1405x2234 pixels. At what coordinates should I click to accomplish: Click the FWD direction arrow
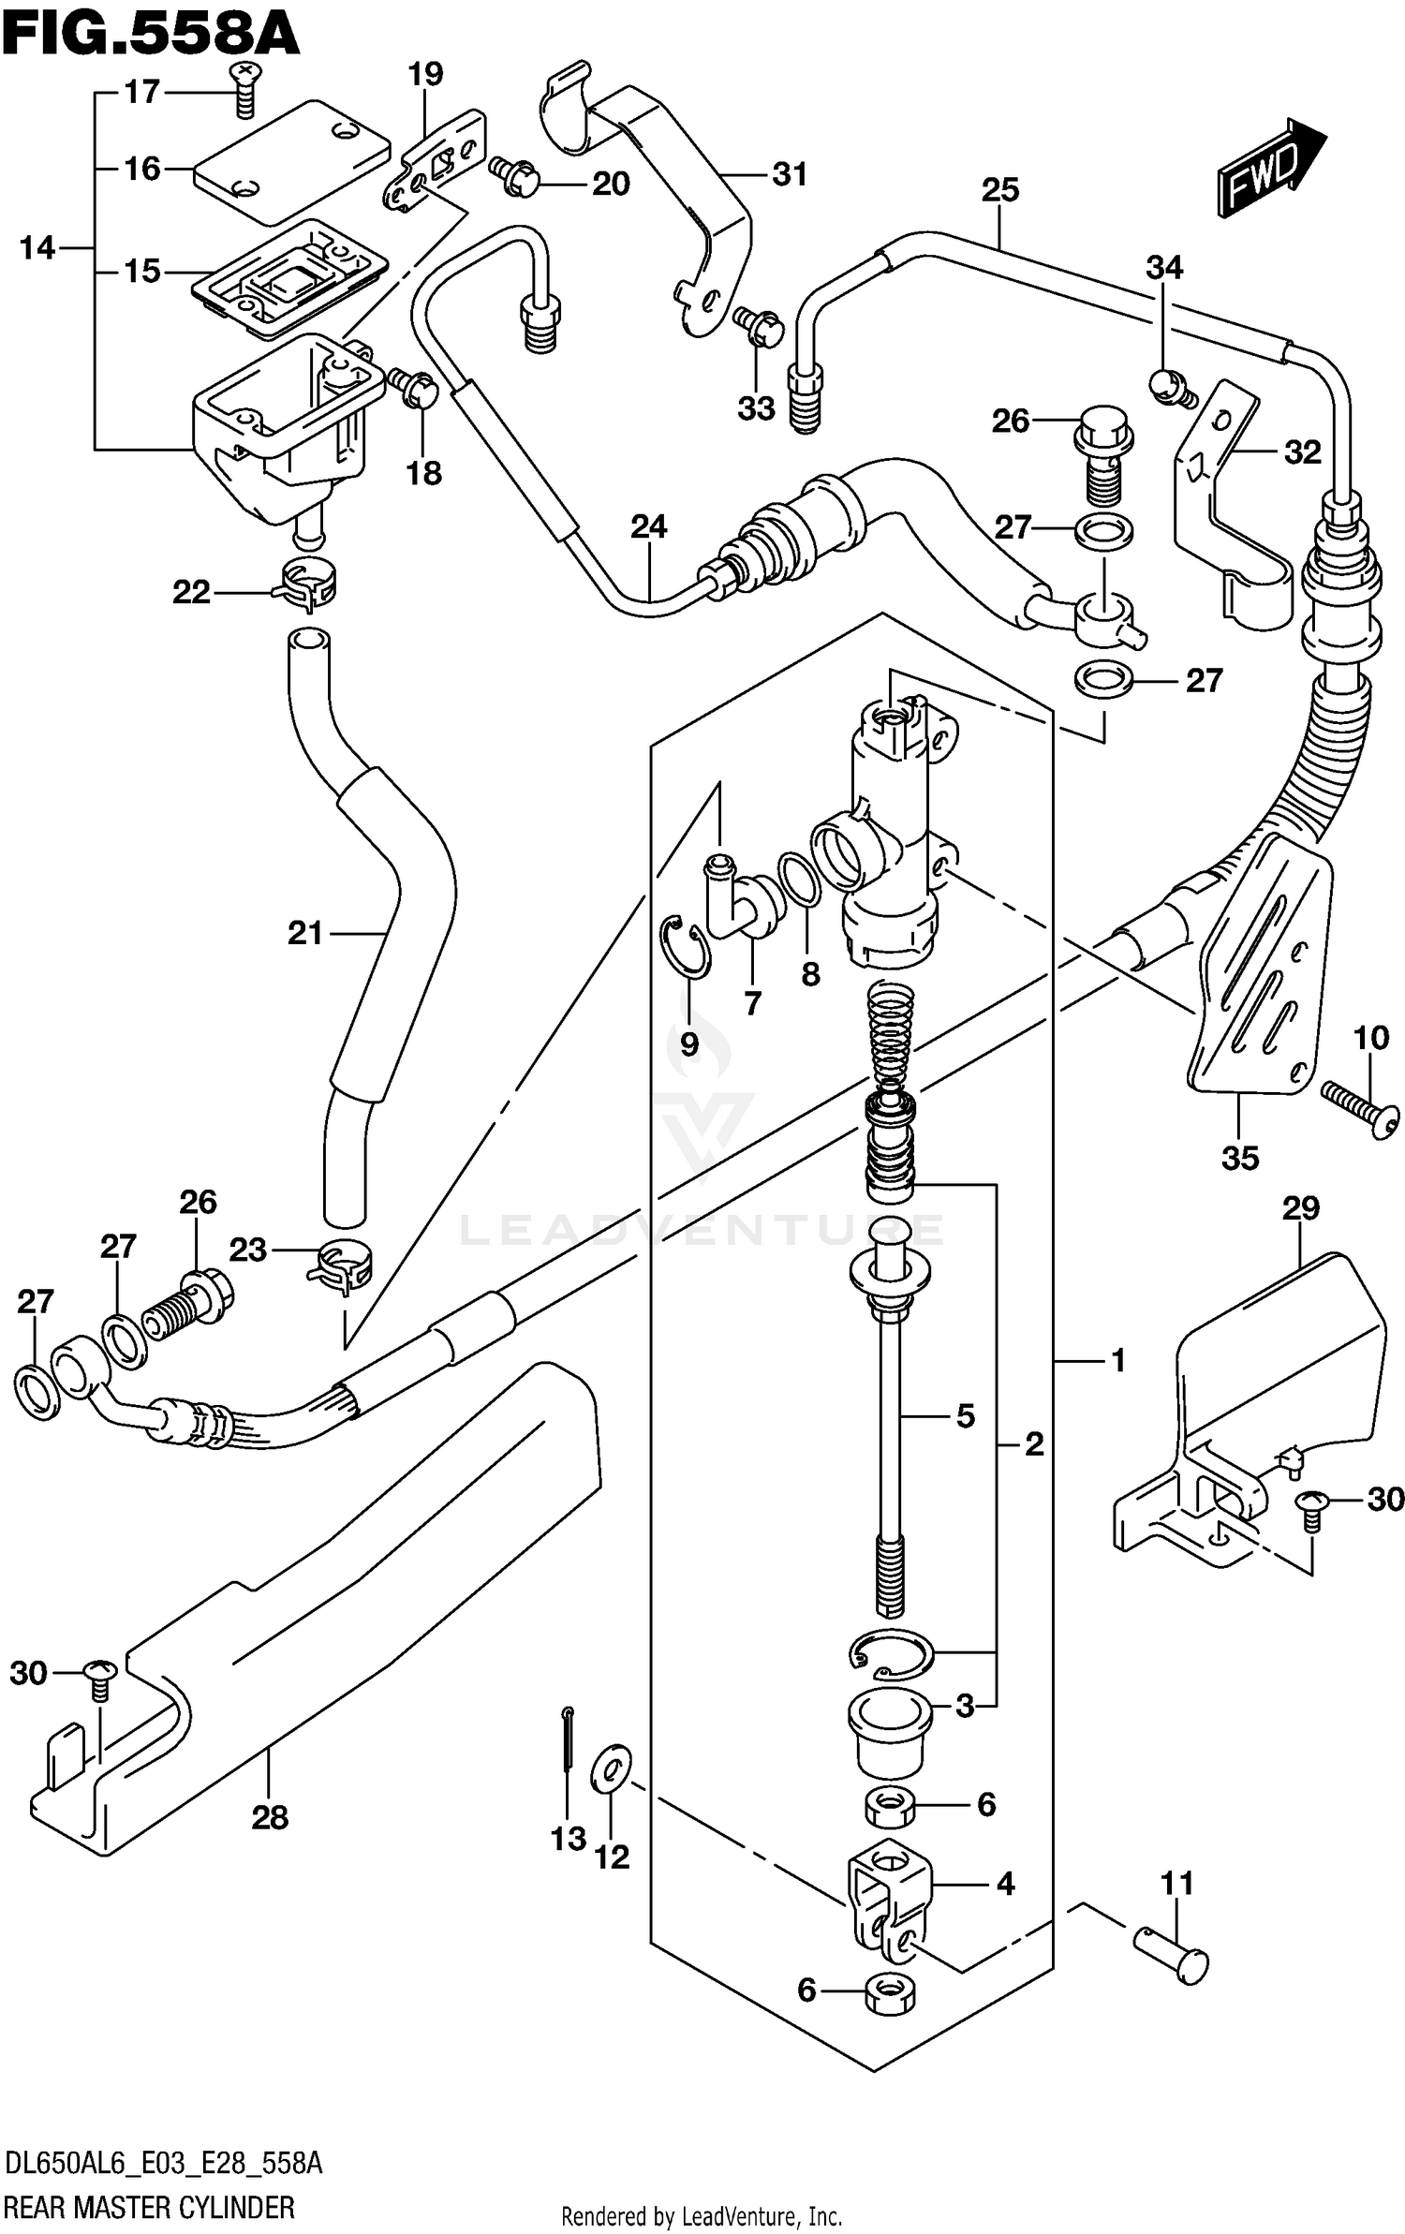click(1270, 169)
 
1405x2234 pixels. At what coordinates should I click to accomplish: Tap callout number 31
click(789, 174)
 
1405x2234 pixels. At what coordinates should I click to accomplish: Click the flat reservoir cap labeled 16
click(291, 162)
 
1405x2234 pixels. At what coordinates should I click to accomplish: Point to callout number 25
click(999, 190)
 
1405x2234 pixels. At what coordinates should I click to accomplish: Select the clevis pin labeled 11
click(1173, 1949)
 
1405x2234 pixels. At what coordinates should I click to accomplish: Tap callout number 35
click(1240, 1159)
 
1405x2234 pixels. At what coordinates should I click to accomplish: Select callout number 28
click(270, 1818)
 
